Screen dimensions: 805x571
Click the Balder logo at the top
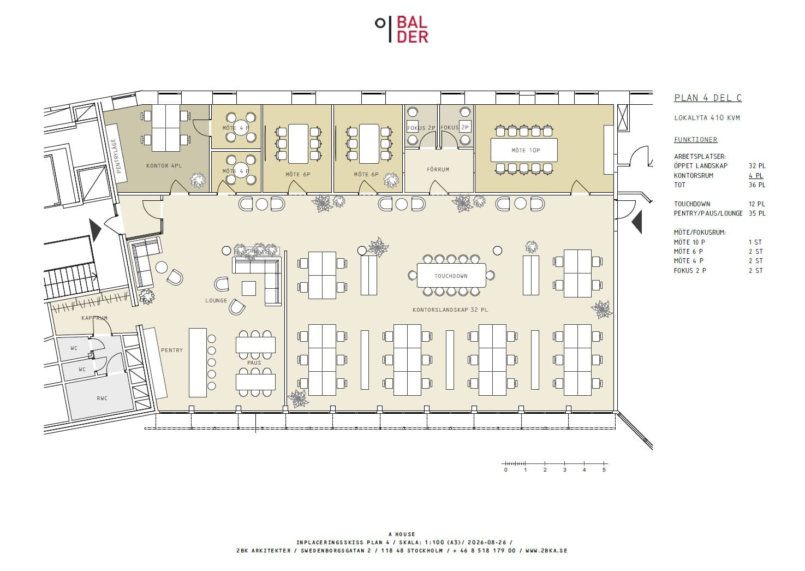[x=402, y=29]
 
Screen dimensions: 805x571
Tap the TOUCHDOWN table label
[x=451, y=276]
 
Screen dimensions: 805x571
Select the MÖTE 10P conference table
[x=524, y=150]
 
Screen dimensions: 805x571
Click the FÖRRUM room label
[x=438, y=170]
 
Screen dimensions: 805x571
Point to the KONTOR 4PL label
[x=164, y=165]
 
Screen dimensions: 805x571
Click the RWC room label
[x=102, y=398]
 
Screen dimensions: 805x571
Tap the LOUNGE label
[x=216, y=300]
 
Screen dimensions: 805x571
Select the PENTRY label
[x=172, y=350]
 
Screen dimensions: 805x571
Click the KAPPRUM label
[x=94, y=318]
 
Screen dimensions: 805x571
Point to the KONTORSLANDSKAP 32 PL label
[x=450, y=310]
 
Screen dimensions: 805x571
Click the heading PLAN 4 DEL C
[x=708, y=98]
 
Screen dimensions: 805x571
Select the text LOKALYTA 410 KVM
[x=707, y=117]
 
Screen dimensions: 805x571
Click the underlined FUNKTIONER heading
[x=695, y=139]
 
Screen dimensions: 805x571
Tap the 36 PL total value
[x=757, y=185]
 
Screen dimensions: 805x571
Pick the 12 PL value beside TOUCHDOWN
[x=757, y=204]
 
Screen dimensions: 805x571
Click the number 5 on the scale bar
[x=604, y=469]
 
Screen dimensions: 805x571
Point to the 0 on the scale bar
[x=506, y=469]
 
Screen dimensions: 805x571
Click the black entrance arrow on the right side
[x=637, y=222]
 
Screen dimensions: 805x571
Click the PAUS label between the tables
[x=254, y=363]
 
